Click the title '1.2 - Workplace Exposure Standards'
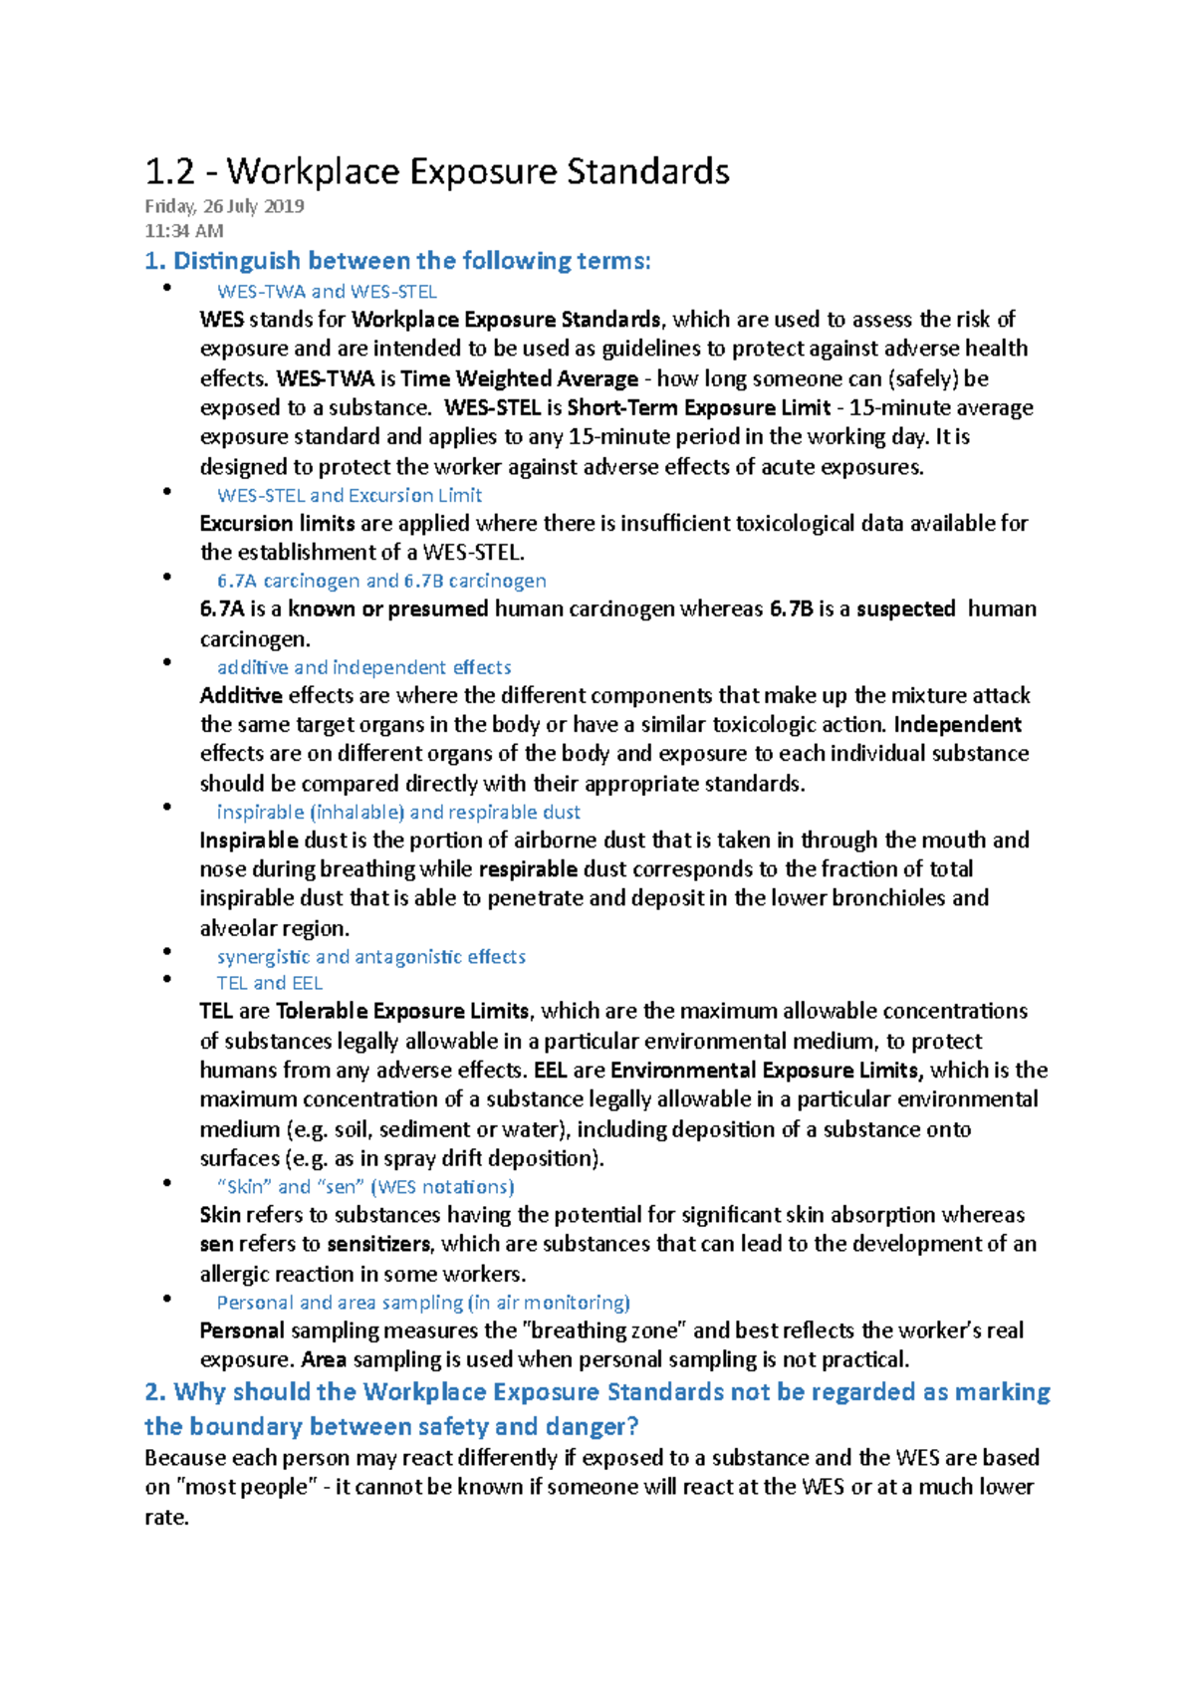[437, 171]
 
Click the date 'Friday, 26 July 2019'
[224, 206]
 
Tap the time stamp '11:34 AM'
[183, 231]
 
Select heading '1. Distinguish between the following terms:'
[397, 261]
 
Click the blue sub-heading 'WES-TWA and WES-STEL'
[327, 292]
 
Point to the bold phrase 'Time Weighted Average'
[519, 378]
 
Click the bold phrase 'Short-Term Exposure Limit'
[698, 407]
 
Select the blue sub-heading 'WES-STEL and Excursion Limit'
[349, 495]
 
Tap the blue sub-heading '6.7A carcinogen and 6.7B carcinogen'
[381, 581]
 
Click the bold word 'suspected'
[905, 608]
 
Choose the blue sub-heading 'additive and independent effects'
[363, 667]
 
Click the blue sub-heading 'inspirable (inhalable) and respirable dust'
[398, 812]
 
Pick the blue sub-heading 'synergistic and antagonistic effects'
[370, 957]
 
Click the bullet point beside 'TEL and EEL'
[168, 981]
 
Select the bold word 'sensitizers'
[378, 1244]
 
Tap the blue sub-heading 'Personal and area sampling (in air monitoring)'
[423, 1303]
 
